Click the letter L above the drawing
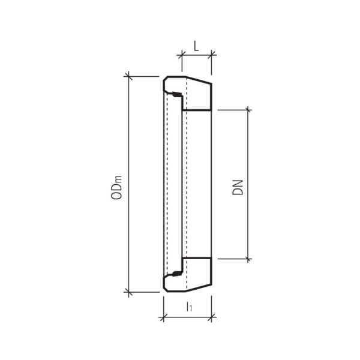coord(196,46)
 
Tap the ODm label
coord(118,187)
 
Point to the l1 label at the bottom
coord(189,307)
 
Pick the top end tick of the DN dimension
coord(248,110)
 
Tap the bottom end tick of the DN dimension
coord(248,259)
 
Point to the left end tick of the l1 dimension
coord(163,317)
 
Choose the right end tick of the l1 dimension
coord(211,317)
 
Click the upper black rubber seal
coord(176,94)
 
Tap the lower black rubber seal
coord(176,274)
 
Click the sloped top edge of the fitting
coord(198,80)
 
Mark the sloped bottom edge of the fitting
coord(198,288)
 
